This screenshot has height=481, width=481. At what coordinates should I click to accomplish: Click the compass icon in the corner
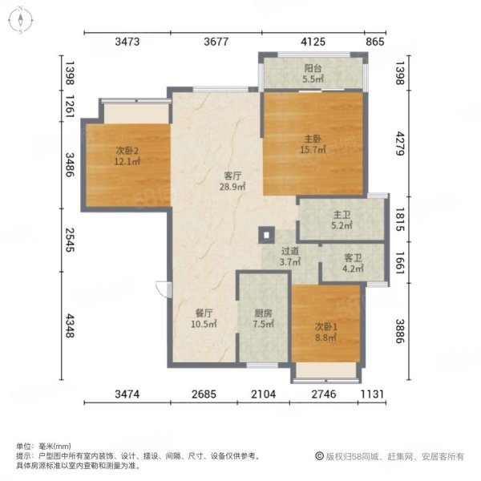click(21, 20)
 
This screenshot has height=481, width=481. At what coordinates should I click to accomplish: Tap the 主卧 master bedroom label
click(313, 139)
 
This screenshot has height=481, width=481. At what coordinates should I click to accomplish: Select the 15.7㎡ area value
click(313, 150)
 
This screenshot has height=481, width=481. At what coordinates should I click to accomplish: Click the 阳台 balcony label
click(313, 68)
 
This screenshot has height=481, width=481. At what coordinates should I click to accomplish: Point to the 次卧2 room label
click(127, 151)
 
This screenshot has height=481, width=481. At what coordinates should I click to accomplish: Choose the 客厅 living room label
click(232, 176)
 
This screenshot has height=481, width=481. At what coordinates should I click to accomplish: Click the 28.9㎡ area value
click(232, 187)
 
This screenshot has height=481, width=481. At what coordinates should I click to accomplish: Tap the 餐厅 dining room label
click(204, 313)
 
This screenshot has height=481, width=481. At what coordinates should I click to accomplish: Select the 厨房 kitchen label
click(263, 313)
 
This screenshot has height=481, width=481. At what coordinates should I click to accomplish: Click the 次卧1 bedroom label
click(325, 327)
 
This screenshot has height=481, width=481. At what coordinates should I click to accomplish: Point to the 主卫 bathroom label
click(342, 215)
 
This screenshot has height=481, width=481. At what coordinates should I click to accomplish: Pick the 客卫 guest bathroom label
click(353, 257)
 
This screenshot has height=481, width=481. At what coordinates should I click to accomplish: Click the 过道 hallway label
click(290, 251)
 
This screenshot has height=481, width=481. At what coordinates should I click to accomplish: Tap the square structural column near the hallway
click(266, 235)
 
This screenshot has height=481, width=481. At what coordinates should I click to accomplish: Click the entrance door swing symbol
click(164, 289)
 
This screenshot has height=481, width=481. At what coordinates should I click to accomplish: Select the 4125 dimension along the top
click(313, 42)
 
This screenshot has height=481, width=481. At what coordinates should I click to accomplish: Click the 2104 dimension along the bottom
click(263, 394)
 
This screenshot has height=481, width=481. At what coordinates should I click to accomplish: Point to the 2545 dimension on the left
click(70, 240)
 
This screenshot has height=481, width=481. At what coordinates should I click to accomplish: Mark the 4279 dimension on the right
click(399, 143)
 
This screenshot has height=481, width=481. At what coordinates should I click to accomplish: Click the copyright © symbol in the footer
click(319, 456)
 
